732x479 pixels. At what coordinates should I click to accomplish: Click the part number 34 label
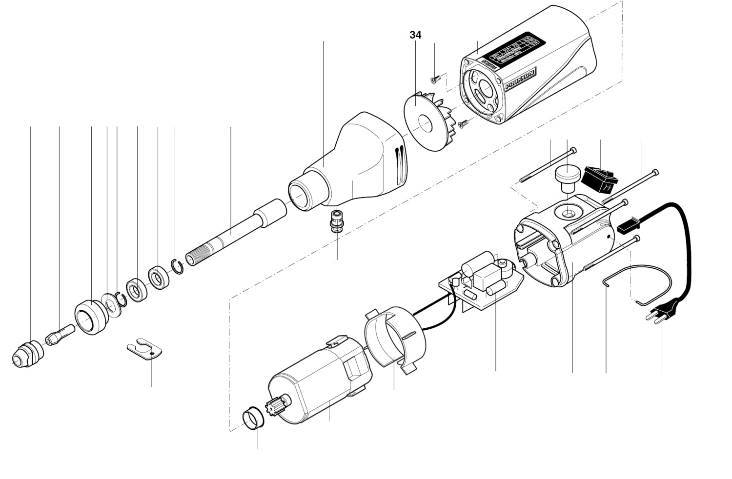(x=415, y=35)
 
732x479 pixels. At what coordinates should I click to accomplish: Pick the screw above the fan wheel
(x=436, y=77)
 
